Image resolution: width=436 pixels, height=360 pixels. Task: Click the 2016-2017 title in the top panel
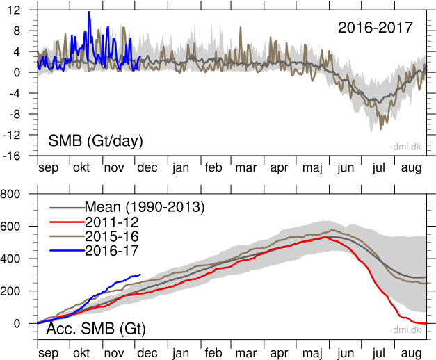click(376, 28)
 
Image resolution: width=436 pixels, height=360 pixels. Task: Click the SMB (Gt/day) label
click(95, 142)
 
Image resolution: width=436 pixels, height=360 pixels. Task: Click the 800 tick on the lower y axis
click(17, 194)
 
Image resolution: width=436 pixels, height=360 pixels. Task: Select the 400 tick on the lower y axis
click(17, 259)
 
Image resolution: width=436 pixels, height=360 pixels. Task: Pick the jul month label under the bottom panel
click(379, 353)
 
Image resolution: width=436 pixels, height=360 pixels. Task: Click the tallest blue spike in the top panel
click(89, 13)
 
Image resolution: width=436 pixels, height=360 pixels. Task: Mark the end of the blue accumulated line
click(140, 275)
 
